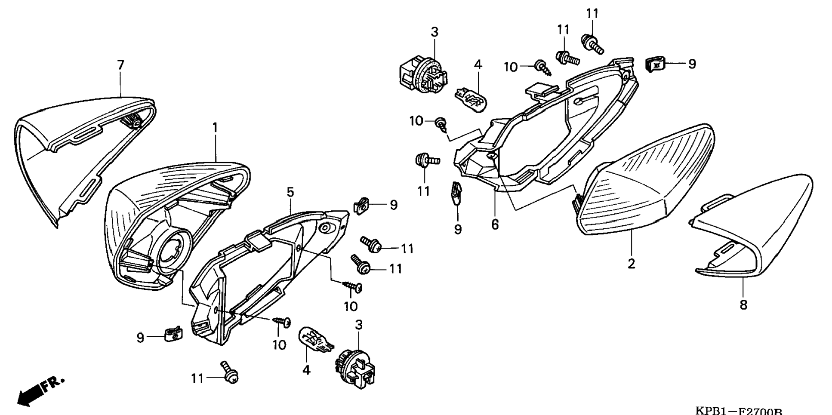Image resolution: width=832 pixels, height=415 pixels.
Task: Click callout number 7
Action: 120,65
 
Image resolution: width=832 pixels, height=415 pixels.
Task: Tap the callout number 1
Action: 215,128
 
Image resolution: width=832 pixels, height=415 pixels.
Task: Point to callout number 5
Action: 290,192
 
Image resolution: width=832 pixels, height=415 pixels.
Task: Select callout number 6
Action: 495,224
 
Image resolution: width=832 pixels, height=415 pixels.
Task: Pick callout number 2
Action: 631,264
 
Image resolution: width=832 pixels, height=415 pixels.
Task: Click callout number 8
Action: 743,305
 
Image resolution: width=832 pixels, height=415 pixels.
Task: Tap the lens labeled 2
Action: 645,181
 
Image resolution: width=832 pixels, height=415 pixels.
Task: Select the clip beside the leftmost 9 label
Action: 173,333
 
